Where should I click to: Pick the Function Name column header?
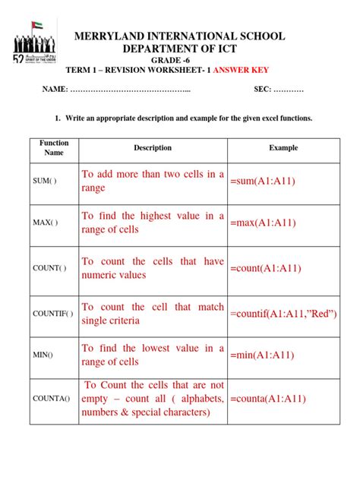click(x=54, y=147)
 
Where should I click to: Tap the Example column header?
click(x=283, y=148)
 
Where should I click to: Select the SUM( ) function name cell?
click(x=46, y=182)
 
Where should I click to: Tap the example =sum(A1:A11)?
click(x=263, y=182)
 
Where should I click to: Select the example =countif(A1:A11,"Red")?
click(x=283, y=314)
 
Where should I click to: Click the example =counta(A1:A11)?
click(x=267, y=398)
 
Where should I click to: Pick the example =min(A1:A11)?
click(x=263, y=355)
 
